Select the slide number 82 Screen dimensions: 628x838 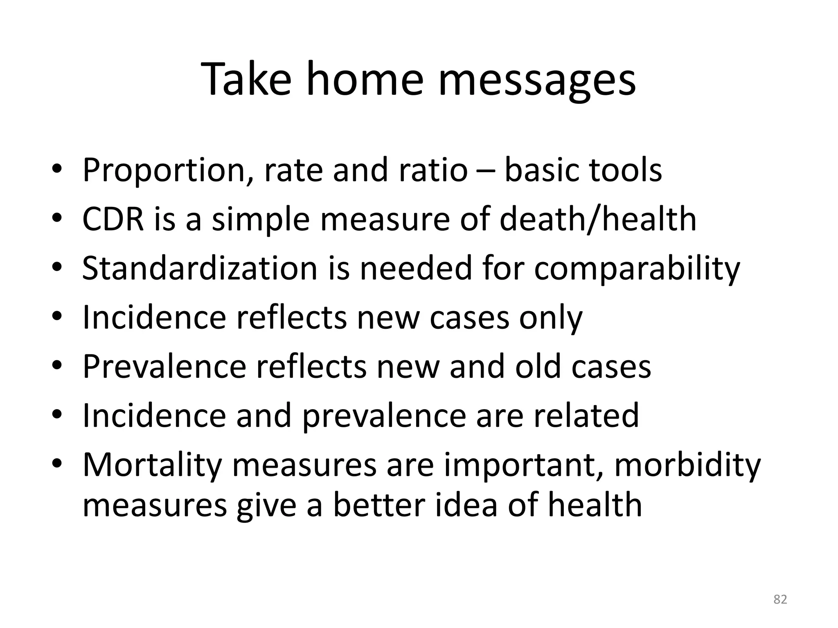click(x=780, y=599)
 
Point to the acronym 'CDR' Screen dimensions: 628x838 click(x=113, y=219)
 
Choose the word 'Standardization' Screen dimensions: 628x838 click(x=200, y=268)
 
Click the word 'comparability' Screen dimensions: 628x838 click(x=637, y=269)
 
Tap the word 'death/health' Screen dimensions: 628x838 click(x=598, y=219)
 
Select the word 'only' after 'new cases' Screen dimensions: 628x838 click(x=550, y=318)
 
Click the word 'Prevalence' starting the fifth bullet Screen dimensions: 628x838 click(x=164, y=366)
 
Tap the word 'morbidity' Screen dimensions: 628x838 click(x=687, y=465)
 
